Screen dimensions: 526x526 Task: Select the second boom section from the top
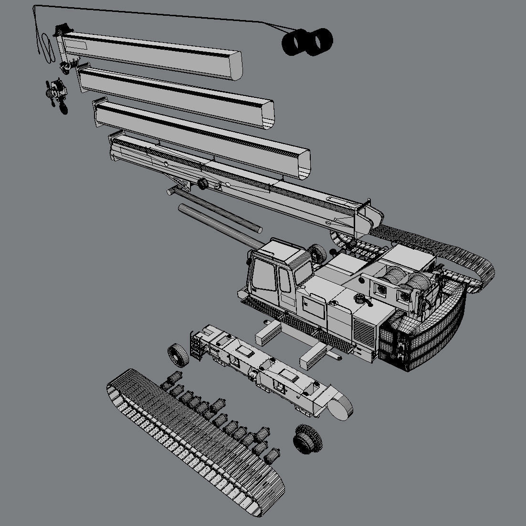tap(177, 93)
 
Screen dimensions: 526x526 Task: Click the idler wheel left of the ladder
tap(178, 356)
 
